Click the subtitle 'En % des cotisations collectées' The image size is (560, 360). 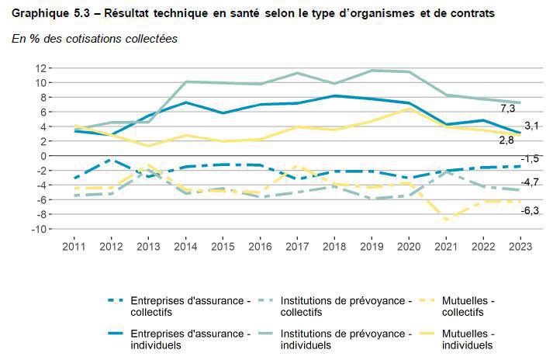tap(95, 39)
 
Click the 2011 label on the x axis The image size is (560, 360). tap(74, 245)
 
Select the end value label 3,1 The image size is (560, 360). tap(532, 126)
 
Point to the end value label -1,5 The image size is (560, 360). tap(531, 159)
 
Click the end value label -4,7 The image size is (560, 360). tap(531, 182)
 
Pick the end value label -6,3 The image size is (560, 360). tap(531, 209)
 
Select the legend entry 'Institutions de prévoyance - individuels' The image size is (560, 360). tap(344, 338)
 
